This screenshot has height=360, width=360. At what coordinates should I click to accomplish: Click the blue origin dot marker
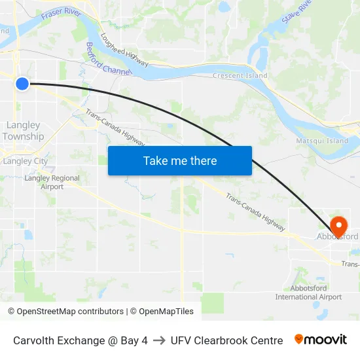click(x=22, y=83)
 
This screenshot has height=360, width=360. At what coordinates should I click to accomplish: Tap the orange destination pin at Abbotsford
click(x=338, y=226)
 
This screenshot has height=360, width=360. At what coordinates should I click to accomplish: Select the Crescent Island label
click(x=240, y=76)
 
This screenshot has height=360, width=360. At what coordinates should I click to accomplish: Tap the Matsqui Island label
click(x=322, y=141)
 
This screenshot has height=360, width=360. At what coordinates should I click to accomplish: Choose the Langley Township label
click(x=23, y=131)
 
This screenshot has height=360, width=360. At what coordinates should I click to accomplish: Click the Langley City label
click(x=25, y=161)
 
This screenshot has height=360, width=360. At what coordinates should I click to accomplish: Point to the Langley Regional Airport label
click(x=52, y=182)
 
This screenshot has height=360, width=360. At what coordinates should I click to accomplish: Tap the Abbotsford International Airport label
click(x=308, y=293)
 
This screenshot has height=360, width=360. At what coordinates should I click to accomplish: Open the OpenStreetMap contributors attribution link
click(x=70, y=312)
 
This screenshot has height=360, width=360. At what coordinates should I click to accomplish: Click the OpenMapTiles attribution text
click(x=162, y=312)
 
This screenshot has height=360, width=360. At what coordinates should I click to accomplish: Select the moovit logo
click(x=320, y=340)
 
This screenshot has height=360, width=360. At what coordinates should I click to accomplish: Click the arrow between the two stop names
click(x=159, y=340)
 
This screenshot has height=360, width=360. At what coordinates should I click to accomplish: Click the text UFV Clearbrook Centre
click(x=226, y=340)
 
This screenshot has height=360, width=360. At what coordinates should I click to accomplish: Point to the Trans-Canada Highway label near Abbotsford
click(x=256, y=212)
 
